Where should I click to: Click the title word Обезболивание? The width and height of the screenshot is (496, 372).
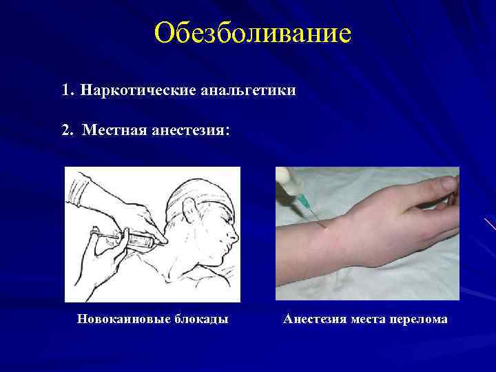click(253, 32)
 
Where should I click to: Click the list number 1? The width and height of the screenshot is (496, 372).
click(66, 90)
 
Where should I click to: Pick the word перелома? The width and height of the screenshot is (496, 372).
click(420, 319)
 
